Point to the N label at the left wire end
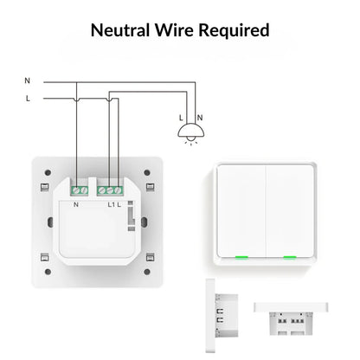coord(28,80)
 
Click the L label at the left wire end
coord(28,99)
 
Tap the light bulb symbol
coord(188,132)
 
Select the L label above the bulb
coord(180,117)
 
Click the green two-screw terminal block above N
coord(80,188)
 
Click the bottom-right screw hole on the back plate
coord(149,256)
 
